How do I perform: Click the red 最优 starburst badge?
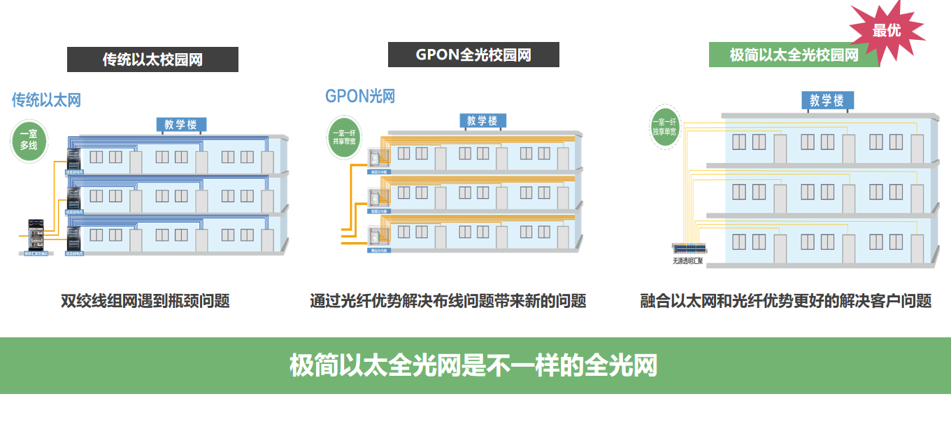click(x=887, y=31)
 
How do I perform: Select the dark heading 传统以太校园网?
click(x=152, y=59)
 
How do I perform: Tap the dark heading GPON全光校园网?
click(x=473, y=55)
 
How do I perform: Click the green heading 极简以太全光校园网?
click(x=794, y=55)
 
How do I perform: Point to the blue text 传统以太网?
click(x=46, y=100)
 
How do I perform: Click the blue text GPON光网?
click(x=360, y=96)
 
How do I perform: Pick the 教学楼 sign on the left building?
click(x=181, y=125)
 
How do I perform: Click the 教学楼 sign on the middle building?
click(x=482, y=120)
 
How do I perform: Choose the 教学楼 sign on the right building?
click(x=827, y=101)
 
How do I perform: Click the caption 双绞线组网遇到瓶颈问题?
click(x=145, y=301)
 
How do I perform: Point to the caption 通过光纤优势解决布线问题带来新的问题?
click(x=448, y=301)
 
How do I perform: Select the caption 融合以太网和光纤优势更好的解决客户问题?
click(x=786, y=301)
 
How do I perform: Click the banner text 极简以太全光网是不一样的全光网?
click(x=474, y=365)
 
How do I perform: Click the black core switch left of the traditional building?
click(x=35, y=234)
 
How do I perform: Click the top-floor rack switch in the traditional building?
click(x=73, y=160)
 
